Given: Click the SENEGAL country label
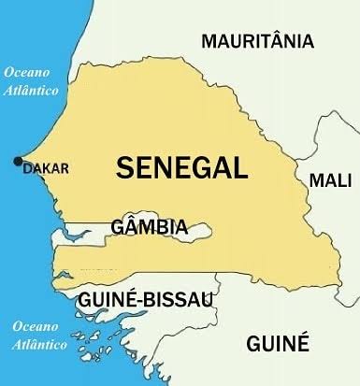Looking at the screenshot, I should tap(181, 168).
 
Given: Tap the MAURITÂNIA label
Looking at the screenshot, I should tap(258, 41).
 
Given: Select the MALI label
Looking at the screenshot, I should tap(330, 179).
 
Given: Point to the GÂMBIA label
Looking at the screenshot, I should tap(149, 227).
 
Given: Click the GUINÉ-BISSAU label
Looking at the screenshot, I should tap(146, 299).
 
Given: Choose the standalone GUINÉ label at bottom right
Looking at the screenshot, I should tap(278, 344).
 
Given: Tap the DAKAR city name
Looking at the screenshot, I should tap(46, 168).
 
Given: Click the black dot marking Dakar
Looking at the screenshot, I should tap(17, 162).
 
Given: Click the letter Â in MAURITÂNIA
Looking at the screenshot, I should tap(279, 40).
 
